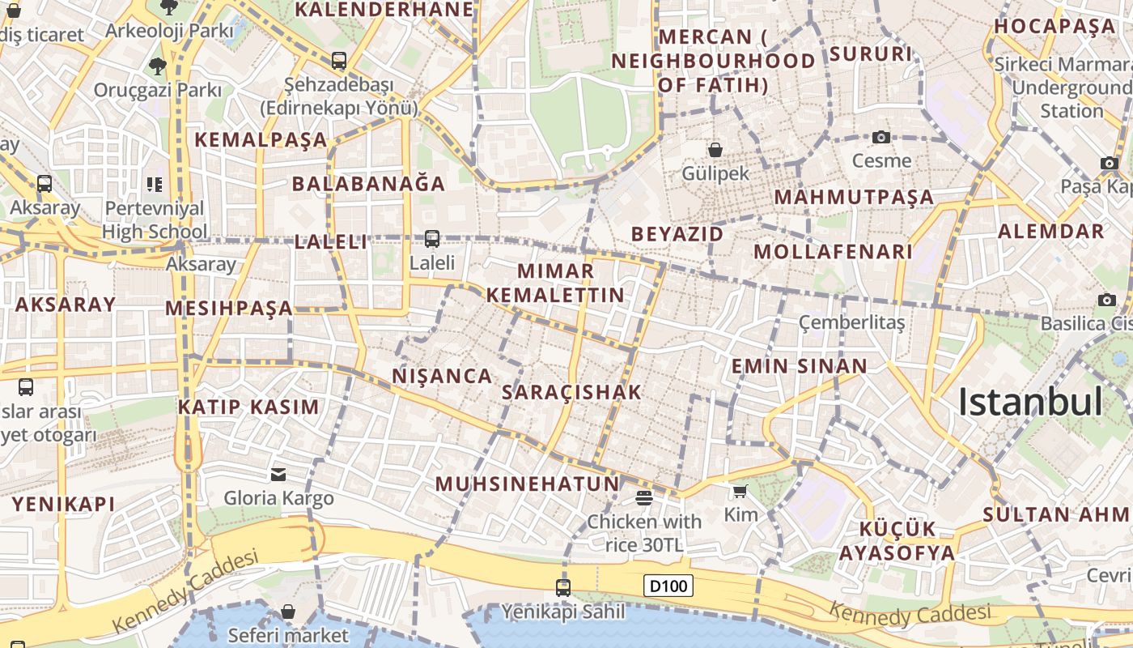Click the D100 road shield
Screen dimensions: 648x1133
pyautogui.click(x=668, y=585)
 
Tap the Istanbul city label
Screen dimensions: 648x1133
pyautogui.click(x=1030, y=402)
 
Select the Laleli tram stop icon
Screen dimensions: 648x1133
pyautogui.click(x=432, y=238)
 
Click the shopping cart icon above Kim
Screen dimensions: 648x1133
pyautogui.click(x=740, y=491)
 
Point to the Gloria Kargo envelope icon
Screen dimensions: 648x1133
pyautogui.click(x=278, y=474)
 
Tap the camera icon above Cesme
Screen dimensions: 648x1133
pyautogui.click(x=881, y=137)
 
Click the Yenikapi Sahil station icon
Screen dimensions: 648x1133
pyautogui.click(x=563, y=587)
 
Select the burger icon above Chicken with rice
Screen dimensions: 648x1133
pyautogui.click(x=644, y=497)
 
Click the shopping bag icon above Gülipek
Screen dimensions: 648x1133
pyautogui.click(x=715, y=149)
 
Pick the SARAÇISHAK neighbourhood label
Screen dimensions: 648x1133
pyautogui.click(x=571, y=392)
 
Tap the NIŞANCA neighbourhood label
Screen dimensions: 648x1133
pyautogui.click(x=442, y=376)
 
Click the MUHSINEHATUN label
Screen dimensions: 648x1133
pyautogui.click(x=527, y=484)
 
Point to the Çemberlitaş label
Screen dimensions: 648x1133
pyautogui.click(x=851, y=322)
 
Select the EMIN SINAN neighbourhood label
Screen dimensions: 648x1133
pyautogui.click(x=799, y=365)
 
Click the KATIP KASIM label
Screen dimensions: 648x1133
pyautogui.click(x=248, y=406)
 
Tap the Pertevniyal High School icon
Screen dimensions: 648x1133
pyautogui.click(x=154, y=185)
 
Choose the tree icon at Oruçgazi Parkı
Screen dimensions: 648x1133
pyautogui.click(x=157, y=66)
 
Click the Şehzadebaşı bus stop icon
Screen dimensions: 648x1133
pyautogui.click(x=338, y=60)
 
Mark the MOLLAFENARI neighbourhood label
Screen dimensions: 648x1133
pyautogui.click(x=833, y=251)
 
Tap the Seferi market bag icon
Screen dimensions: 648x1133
pyautogui.click(x=287, y=612)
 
